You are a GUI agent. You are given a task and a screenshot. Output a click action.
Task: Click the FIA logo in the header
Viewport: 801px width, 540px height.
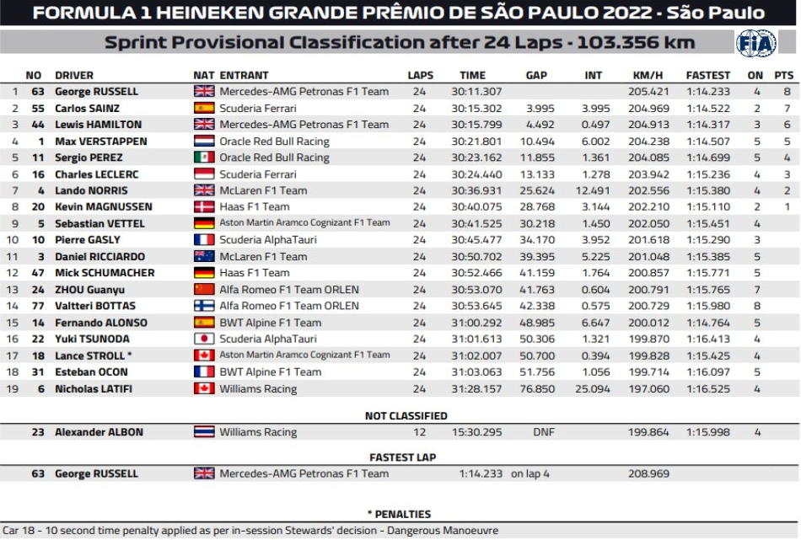[756, 43]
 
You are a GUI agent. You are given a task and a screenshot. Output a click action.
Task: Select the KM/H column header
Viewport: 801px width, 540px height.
[645, 75]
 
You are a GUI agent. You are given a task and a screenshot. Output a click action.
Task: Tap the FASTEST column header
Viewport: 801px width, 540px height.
[708, 75]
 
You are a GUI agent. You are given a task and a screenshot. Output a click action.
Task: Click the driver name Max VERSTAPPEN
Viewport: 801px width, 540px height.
[101, 142]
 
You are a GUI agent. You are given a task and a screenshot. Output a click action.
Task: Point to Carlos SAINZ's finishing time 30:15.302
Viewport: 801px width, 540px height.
[476, 109]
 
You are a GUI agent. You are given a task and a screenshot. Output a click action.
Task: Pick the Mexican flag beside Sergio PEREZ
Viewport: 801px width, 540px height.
[204, 158]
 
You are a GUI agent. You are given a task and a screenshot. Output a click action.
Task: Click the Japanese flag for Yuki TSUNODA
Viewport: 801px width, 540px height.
[204, 339]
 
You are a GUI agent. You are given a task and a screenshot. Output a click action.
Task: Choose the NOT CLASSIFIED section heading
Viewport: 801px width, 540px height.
[406, 415]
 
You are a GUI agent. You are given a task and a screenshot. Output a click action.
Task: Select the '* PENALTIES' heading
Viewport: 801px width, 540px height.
[399, 514]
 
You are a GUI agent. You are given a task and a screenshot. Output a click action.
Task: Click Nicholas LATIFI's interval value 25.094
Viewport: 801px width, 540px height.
[594, 389]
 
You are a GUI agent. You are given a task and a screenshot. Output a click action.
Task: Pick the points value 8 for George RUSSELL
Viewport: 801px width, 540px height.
[787, 92]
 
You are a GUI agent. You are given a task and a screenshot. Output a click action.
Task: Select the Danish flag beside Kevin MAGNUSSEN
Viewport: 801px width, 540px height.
[204, 207]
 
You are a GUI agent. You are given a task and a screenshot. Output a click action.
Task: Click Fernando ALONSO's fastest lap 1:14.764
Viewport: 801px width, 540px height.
[708, 323]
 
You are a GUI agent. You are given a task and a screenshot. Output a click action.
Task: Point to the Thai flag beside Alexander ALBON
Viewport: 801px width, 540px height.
[204, 432]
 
